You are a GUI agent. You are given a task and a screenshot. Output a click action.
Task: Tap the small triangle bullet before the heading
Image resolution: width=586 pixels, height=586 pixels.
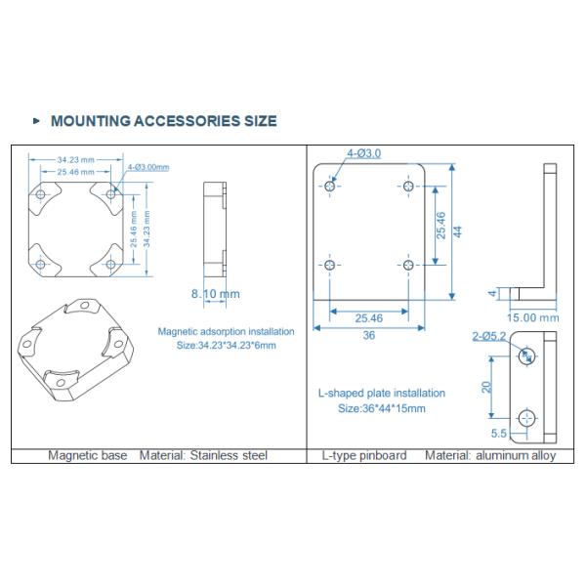coord(37,121)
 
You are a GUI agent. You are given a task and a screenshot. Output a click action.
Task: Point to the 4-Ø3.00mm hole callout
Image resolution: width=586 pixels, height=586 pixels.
coord(149,167)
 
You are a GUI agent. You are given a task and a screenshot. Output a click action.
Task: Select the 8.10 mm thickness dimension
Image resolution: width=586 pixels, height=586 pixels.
coord(215,293)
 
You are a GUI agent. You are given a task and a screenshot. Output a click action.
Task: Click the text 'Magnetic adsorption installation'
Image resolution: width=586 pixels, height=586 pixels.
coord(226,331)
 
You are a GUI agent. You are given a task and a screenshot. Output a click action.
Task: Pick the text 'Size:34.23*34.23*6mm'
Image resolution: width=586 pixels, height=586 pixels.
coord(226,345)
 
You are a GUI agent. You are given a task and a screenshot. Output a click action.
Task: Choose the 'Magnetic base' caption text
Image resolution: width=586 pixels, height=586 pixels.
coord(89,455)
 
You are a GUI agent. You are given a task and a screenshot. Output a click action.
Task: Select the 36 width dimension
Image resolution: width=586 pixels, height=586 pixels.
coord(369,335)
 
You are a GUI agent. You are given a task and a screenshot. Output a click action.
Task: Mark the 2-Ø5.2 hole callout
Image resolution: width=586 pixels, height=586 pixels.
coord(489,336)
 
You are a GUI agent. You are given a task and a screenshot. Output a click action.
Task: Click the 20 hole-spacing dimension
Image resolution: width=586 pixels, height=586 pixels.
coord(485,386)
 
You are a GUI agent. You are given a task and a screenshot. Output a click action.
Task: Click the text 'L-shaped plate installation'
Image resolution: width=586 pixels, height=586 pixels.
coord(381,394)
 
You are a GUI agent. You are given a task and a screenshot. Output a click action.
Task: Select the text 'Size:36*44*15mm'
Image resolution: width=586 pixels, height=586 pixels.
coord(381,408)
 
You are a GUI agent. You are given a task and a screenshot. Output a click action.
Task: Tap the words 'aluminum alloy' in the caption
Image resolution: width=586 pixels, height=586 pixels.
coord(525,455)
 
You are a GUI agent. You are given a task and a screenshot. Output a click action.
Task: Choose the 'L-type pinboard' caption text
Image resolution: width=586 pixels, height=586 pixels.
coord(364,455)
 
